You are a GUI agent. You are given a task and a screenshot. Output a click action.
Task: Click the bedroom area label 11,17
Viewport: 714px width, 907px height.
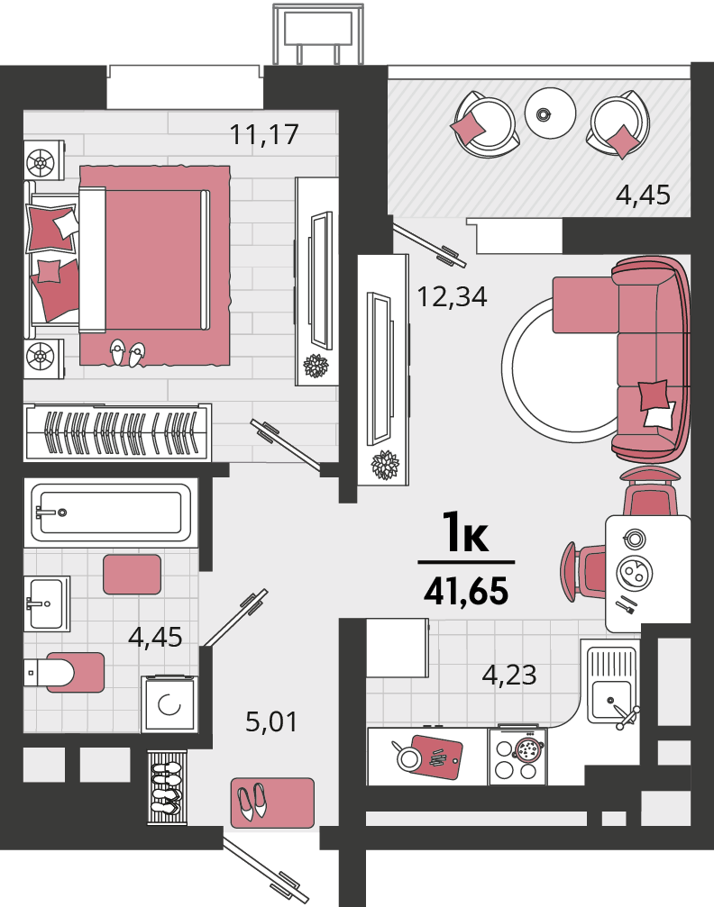coord(264,135)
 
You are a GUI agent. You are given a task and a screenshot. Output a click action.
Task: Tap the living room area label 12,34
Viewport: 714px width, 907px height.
coord(452,296)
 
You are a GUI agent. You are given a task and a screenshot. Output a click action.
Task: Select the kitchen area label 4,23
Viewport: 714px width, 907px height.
coord(509,675)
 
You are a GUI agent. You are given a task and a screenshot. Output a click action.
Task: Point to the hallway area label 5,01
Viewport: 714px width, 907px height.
coord(271,721)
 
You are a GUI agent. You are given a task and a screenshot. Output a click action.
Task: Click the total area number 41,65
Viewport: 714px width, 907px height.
coord(466,591)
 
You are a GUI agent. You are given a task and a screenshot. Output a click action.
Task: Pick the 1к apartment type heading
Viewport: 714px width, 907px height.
coord(465,531)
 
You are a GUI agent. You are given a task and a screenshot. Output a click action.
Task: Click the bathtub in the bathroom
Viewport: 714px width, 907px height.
coord(111,512)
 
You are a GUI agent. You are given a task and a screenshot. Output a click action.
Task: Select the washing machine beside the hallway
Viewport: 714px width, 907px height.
coord(169,704)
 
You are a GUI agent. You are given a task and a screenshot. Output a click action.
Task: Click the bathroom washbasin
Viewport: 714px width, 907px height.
coord(46,603)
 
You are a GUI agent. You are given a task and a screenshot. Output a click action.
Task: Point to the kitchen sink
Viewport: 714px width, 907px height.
coord(609,685)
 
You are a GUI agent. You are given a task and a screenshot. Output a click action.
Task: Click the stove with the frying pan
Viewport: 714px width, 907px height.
coord(517,757)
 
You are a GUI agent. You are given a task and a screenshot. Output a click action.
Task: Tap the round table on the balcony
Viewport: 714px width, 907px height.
coord(550,113)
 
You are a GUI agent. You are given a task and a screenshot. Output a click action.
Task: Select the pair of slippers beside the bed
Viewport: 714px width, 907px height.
coord(127,353)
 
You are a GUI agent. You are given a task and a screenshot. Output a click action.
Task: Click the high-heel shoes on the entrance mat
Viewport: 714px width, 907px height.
coord(252,801)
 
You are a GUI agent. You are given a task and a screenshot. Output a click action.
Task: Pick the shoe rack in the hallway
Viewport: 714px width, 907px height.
coord(168,787)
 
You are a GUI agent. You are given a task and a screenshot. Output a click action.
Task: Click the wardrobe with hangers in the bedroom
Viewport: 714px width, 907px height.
coord(117,432)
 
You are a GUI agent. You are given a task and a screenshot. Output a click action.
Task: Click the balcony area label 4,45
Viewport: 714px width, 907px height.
coord(643,195)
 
